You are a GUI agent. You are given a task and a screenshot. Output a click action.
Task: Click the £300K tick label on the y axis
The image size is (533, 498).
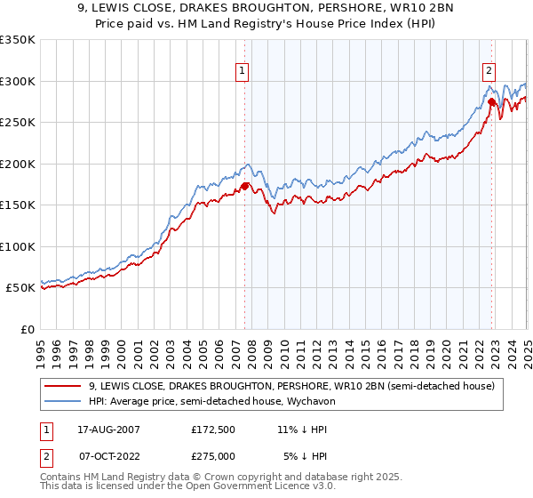point(18,81)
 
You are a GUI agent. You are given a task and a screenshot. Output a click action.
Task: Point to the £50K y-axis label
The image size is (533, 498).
point(20,287)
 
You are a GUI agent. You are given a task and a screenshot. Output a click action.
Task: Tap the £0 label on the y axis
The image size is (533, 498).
point(28,329)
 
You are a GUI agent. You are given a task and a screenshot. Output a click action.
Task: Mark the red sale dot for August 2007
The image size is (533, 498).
point(245,186)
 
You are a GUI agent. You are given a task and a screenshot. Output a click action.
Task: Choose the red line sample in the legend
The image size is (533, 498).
point(63,386)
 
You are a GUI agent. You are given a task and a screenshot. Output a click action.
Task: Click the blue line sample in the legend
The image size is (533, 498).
point(63,401)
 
